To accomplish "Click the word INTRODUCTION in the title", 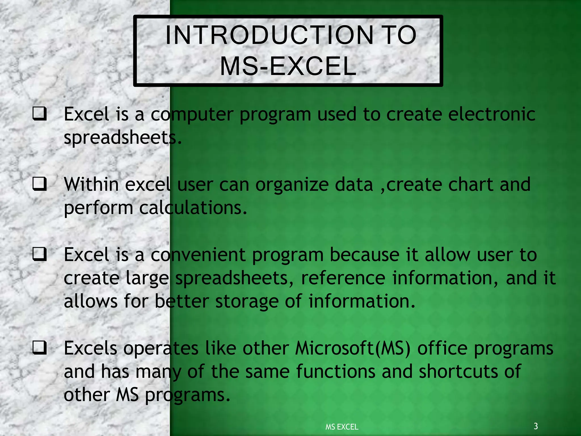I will (270, 35).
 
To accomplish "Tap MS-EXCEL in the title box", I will (288, 66).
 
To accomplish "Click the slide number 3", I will (536, 426).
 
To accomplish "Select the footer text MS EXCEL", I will (342, 427).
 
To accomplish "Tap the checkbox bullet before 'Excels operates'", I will (39, 348).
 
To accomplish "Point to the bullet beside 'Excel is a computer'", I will (39, 114).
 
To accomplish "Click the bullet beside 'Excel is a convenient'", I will (39, 254).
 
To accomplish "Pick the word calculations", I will (193, 208).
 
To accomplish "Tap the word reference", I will (343, 278).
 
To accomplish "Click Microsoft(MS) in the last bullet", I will (353, 348).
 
